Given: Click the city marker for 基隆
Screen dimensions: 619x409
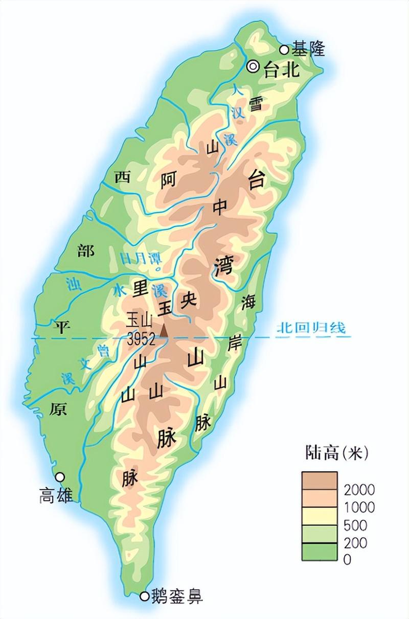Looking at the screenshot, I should pos(284,50).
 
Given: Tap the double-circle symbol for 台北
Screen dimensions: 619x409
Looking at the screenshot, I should pos(253,67).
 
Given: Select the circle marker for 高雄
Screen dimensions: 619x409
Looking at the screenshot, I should pos(60,476).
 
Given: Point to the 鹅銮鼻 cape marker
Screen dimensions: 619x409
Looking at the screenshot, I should pos(145,596).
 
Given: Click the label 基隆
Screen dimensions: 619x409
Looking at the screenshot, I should pos(309,49).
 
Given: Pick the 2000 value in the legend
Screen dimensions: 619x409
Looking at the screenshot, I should pos(359,489).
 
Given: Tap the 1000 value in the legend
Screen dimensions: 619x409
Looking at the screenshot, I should pos(359,507).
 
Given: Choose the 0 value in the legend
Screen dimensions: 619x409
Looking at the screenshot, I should pos(347,560).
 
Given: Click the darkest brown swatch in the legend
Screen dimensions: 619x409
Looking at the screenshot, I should pos(319,480).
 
